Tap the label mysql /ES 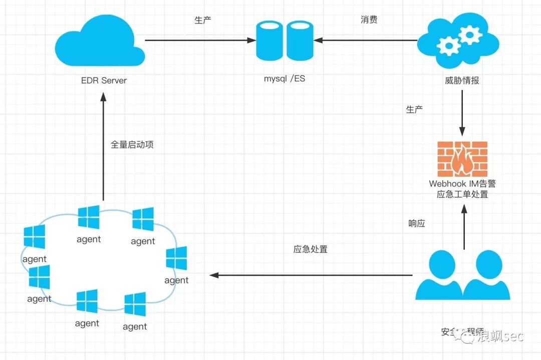coord(285,79)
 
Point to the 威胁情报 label coord(461,80)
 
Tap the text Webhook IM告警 coord(462,184)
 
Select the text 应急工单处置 coord(462,194)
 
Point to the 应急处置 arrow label coord(310,249)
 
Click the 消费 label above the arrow coord(369,20)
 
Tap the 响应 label coord(417,224)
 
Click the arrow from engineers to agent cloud coord(311,275)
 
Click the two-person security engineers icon coord(462,275)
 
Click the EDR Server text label coord(104,80)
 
